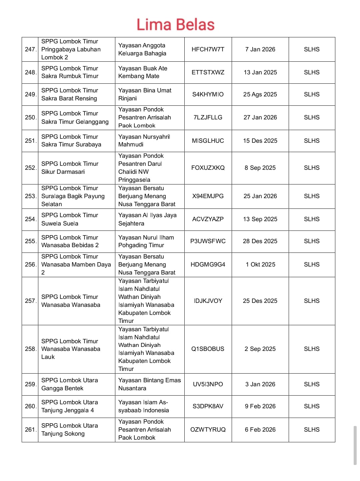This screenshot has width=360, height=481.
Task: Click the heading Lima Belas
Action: (x=175, y=25)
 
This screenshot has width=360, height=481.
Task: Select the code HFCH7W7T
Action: (x=208, y=49)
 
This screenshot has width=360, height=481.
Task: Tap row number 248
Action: (x=30, y=72)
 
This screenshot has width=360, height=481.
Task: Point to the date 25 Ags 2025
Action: (x=260, y=94)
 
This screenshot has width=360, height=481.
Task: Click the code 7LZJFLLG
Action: (x=208, y=117)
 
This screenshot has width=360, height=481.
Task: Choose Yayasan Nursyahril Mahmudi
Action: (x=144, y=140)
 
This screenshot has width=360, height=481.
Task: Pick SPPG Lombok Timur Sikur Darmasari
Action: (x=70, y=168)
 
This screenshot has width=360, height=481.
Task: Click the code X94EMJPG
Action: (x=208, y=196)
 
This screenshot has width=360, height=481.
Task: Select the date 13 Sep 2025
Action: (x=260, y=219)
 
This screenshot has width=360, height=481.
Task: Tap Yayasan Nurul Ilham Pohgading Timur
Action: (x=146, y=241)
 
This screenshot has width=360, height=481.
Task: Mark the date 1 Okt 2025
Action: (x=260, y=265)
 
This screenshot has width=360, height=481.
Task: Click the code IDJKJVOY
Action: (x=208, y=301)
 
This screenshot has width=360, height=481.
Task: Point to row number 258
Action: (x=30, y=349)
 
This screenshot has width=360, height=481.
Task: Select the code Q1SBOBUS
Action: (x=208, y=349)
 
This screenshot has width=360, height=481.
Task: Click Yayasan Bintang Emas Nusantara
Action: (x=149, y=384)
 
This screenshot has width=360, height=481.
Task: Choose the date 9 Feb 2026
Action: (x=260, y=406)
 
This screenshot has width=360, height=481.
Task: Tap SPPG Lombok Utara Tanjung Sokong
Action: (x=69, y=430)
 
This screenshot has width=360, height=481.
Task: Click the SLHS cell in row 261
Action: (x=311, y=430)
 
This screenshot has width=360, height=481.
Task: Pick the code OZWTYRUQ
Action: (x=208, y=430)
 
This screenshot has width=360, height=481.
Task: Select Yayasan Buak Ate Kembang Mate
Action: (x=143, y=72)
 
